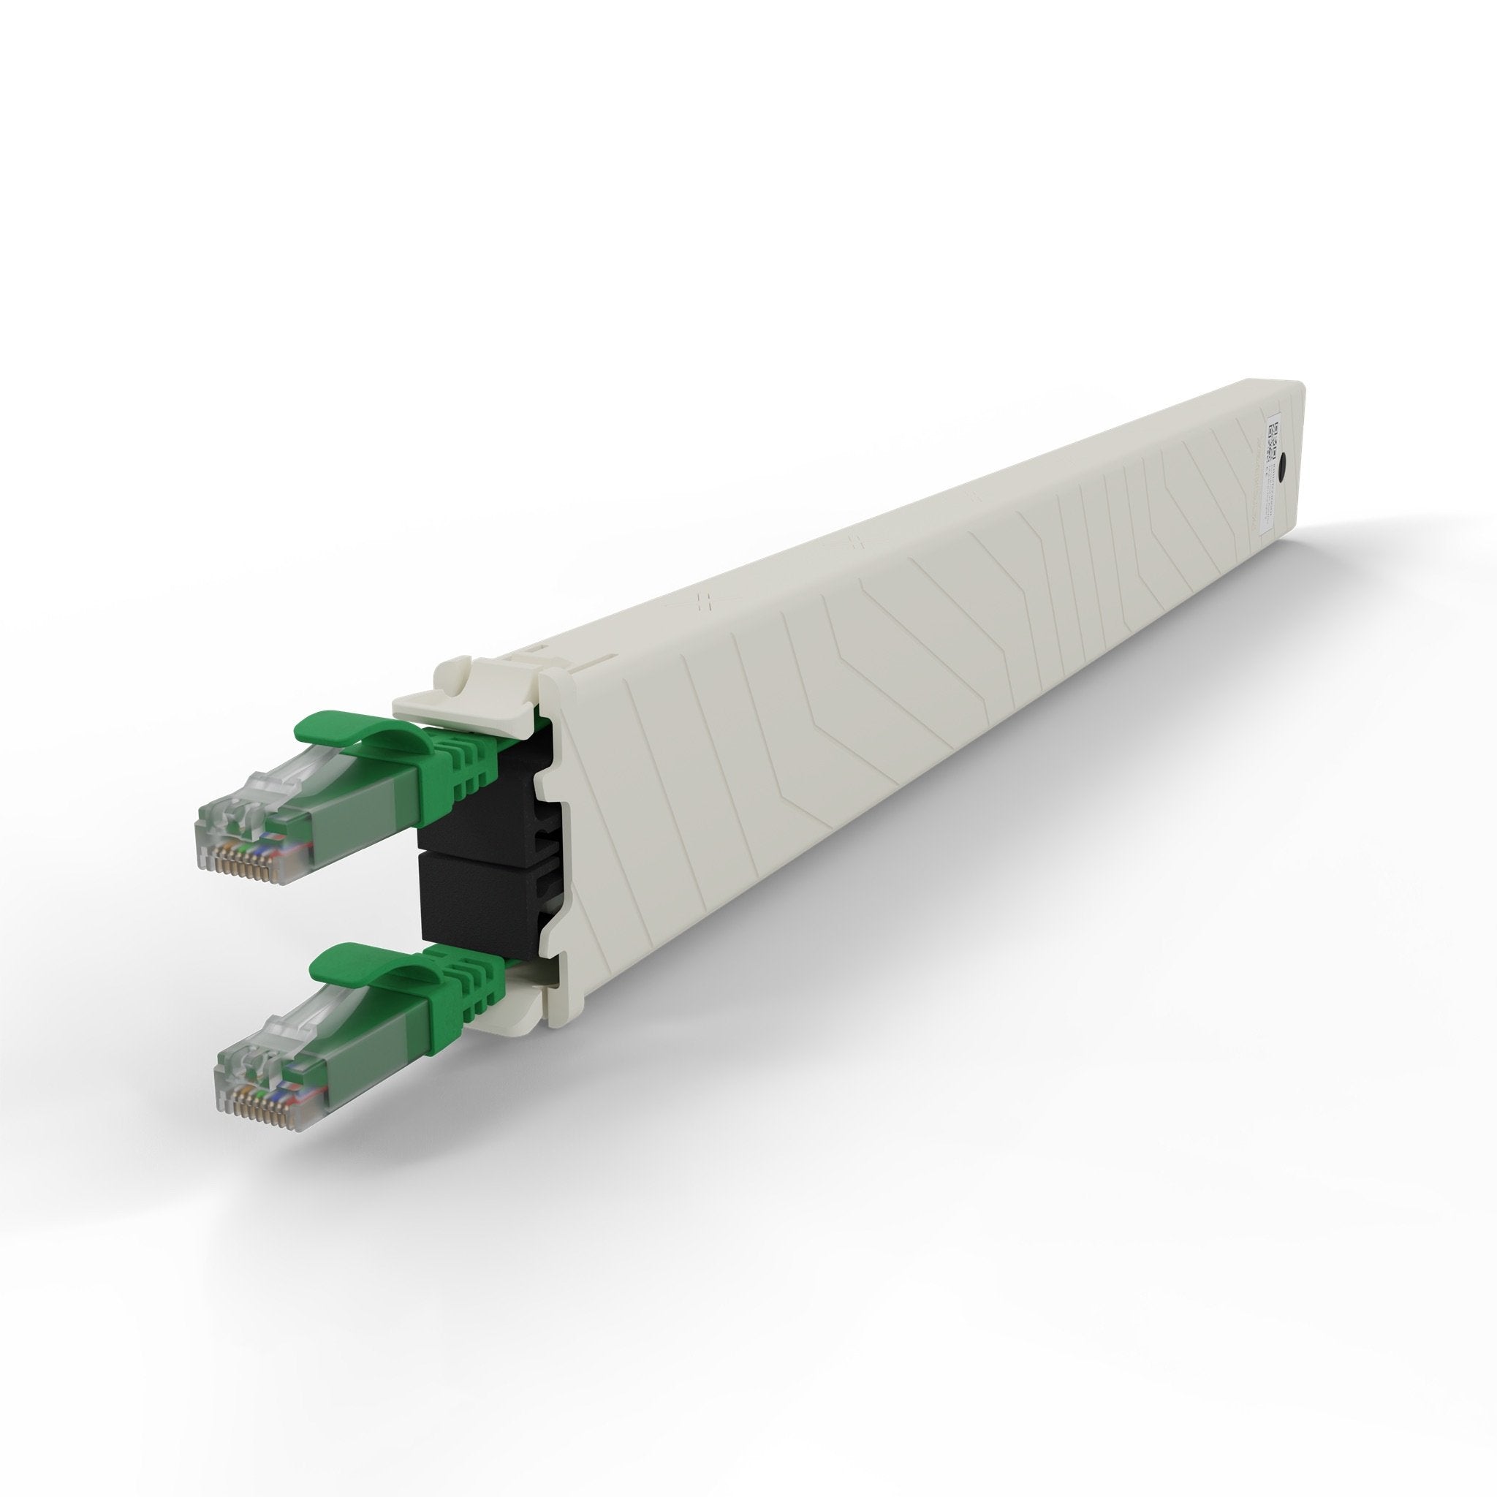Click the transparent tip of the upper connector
[x=232, y=822]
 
